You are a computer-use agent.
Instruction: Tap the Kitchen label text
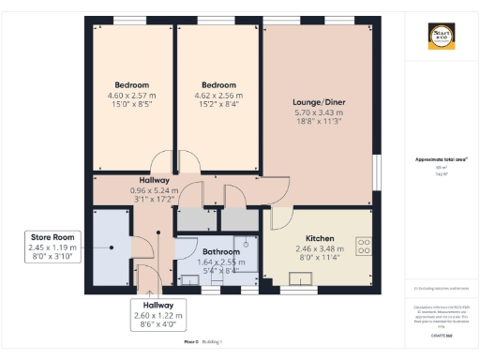pyautogui.click(x=320, y=238)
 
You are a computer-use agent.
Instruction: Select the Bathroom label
pyautogui.click(x=221, y=252)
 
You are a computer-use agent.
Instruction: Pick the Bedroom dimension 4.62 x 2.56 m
pyautogui.click(x=218, y=95)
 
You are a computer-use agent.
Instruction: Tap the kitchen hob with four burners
pyautogui.click(x=364, y=247)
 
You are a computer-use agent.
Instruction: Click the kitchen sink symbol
pyautogui.click(x=305, y=277)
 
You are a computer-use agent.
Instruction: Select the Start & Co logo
pyautogui.click(x=441, y=37)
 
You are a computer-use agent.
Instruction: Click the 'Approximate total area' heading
pyautogui.click(x=441, y=159)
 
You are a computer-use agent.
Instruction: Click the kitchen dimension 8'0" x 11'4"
pyautogui.click(x=320, y=260)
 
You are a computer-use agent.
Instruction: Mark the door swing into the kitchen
pyautogui.click(x=278, y=218)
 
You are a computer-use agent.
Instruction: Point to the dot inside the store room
pyautogui.click(x=112, y=247)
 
